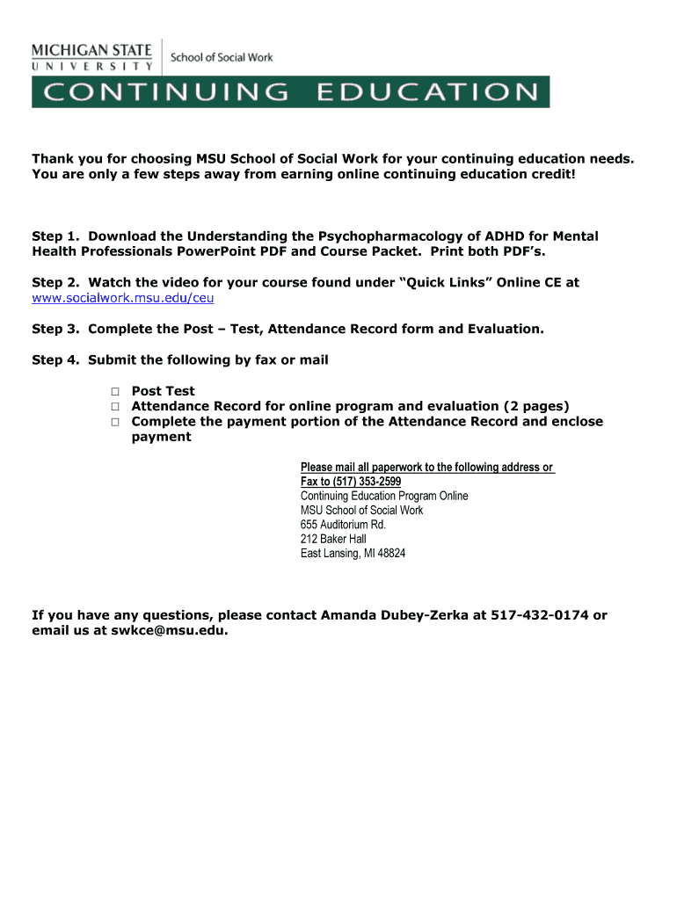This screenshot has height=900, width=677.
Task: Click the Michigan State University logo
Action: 91,55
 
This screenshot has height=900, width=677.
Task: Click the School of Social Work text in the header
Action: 222,58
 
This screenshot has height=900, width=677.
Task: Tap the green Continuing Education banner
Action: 290,92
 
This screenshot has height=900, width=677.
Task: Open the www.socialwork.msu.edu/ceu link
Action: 123,298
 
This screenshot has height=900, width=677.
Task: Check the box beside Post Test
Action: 114,391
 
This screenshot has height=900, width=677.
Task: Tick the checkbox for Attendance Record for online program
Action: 114,406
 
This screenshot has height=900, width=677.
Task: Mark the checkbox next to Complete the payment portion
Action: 114,422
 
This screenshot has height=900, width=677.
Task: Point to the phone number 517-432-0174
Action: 538,615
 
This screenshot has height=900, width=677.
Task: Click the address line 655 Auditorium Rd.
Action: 343,525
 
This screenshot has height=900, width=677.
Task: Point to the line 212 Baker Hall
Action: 333,539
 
